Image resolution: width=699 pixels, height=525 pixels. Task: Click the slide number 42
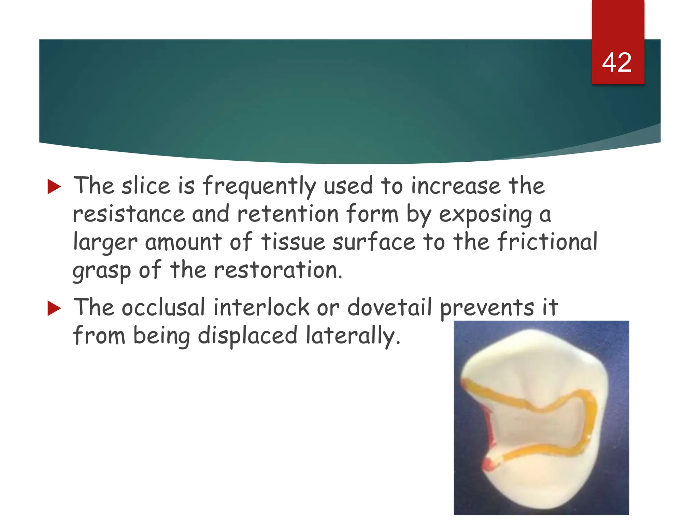[x=617, y=63]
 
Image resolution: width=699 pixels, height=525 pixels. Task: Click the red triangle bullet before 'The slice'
[x=54, y=187]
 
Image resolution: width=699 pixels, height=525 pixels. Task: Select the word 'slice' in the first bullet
[x=146, y=186]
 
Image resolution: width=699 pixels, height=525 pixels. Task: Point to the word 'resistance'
[x=129, y=214]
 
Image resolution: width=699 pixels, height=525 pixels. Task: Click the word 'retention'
[x=288, y=214]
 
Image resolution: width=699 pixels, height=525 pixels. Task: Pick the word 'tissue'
[x=293, y=242]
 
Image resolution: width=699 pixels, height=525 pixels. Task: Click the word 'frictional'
[x=547, y=242]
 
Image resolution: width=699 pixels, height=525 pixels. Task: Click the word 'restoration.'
[x=278, y=270]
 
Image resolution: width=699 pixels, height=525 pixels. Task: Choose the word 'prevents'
[x=487, y=308]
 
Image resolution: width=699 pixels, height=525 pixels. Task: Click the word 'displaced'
[x=248, y=335]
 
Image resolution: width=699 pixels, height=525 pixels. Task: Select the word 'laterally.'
[x=353, y=336]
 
